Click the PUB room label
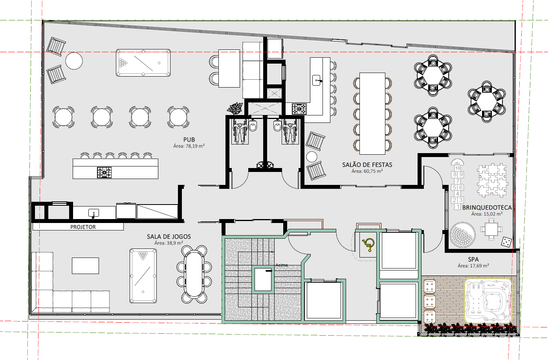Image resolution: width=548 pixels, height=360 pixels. pyautogui.click(x=189, y=139)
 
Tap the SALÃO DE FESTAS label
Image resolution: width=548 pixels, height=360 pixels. pyautogui.click(x=367, y=164)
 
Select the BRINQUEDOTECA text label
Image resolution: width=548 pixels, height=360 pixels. pyautogui.click(x=487, y=207)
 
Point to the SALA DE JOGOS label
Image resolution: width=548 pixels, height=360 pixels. pyautogui.click(x=169, y=236)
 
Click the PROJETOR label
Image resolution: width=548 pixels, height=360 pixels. pyautogui.click(x=83, y=227)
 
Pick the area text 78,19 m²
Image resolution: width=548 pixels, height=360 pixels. pyautogui.click(x=195, y=146)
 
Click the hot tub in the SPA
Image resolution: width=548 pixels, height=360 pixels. pyautogui.click(x=488, y=301)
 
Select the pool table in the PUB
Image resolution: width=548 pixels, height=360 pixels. pyautogui.click(x=143, y=63)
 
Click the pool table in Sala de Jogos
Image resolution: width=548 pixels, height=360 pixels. pyautogui.click(x=143, y=276)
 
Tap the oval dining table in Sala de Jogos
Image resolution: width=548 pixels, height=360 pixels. pyautogui.click(x=194, y=274)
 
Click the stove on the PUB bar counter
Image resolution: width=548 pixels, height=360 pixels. pyautogui.click(x=104, y=172)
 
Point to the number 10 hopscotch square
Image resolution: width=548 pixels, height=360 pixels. pyautogui.click(x=458, y=168)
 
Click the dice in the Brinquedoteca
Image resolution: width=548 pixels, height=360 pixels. pyautogui.click(x=506, y=242)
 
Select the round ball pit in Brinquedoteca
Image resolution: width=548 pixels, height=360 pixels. pyautogui.click(x=462, y=235)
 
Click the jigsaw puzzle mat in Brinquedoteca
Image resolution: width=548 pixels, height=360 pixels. pyautogui.click(x=492, y=180)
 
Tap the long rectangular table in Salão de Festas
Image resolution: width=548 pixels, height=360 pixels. pyautogui.click(x=372, y=113)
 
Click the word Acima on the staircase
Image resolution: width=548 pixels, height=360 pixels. pyautogui.click(x=282, y=265)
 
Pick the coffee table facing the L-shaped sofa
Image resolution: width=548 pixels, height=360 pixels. pyautogui.click(x=85, y=266)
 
